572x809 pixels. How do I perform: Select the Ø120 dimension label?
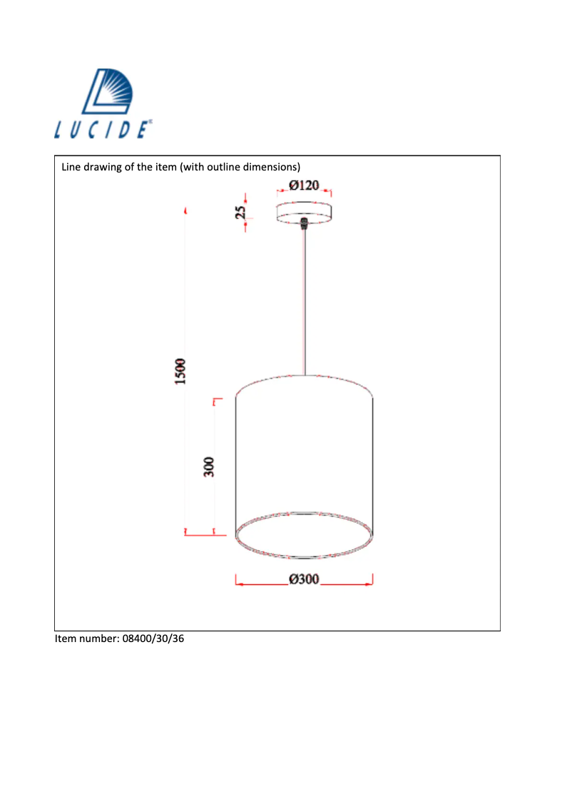pos(304,186)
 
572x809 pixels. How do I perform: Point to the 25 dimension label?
pos(241,212)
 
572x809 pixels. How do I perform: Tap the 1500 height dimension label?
pos(181,372)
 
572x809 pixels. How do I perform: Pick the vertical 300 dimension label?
pos(209,467)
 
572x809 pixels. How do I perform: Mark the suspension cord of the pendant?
pos(305,300)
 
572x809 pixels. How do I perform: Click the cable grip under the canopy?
pos(305,223)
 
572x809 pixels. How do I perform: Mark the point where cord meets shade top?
pos(305,375)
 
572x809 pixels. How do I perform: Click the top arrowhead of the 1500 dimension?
pos(185,211)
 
